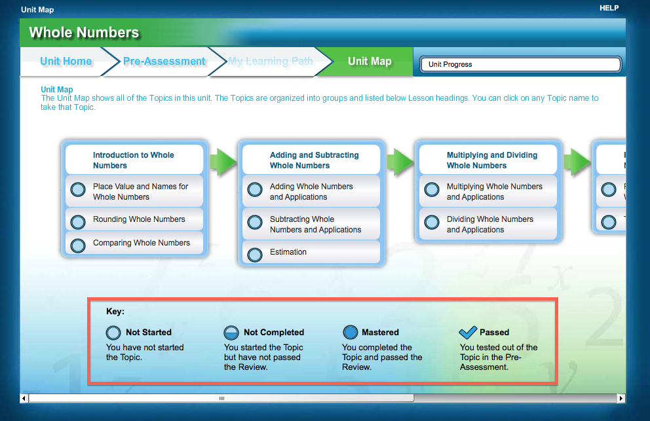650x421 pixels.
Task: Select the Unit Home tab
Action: tap(66, 62)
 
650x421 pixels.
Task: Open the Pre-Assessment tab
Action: tap(164, 62)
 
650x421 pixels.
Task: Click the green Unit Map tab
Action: tap(370, 62)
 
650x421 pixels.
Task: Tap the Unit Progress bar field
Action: tap(521, 64)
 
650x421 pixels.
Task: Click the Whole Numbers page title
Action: tap(84, 33)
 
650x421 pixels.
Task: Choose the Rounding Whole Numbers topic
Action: tap(139, 219)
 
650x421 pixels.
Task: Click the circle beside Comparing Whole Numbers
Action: tap(78, 246)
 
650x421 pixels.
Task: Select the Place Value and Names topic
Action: tap(140, 191)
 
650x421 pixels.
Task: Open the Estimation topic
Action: tap(288, 252)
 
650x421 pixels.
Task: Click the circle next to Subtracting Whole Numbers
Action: tap(255, 223)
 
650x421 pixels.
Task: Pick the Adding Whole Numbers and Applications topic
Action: tap(311, 191)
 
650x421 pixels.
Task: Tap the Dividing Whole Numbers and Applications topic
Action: tap(489, 224)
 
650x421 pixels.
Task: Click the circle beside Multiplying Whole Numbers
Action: tap(432, 190)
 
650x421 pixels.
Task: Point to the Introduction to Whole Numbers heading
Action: tap(134, 160)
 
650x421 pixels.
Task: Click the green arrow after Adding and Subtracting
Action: tap(399, 160)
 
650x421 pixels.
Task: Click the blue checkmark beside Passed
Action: tap(468, 332)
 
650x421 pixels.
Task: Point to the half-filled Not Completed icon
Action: tap(231, 333)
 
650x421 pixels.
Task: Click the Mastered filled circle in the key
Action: tap(351, 333)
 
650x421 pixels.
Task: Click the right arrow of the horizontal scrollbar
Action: tap(621, 398)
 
